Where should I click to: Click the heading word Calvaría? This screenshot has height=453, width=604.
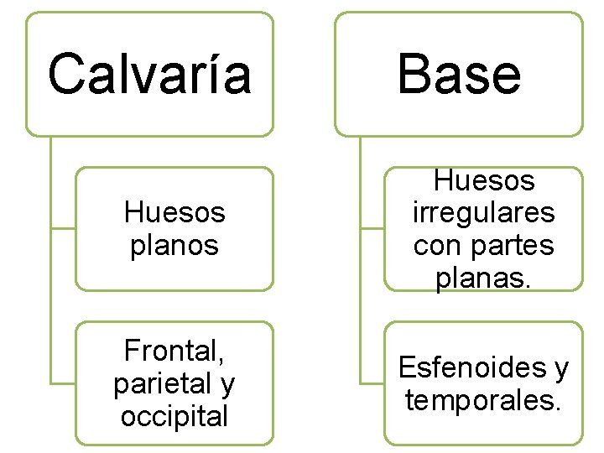[x=149, y=74]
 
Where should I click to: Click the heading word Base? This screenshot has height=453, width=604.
[x=459, y=74]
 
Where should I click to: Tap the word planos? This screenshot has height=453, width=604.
[x=174, y=246]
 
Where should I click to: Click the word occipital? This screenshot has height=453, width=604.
[x=174, y=415]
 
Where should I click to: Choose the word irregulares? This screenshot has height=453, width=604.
[x=483, y=213]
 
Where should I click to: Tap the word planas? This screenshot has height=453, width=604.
[x=483, y=279]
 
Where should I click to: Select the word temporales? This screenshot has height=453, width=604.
[x=482, y=400]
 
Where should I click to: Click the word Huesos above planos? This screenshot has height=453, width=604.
[x=174, y=213]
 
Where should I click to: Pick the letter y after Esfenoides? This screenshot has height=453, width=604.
[x=560, y=369]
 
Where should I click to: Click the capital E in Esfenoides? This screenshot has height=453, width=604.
[x=406, y=367]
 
